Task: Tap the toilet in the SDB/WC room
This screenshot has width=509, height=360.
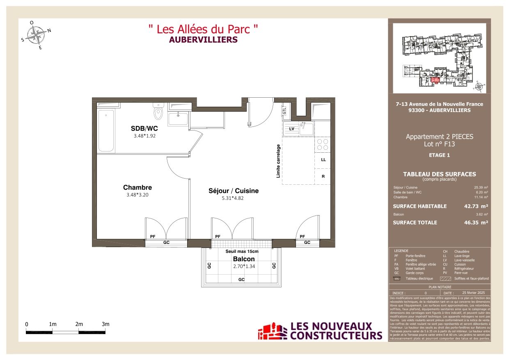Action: [x=158, y=111]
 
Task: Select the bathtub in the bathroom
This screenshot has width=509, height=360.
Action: [x=106, y=131]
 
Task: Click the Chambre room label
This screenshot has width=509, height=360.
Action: [x=137, y=188]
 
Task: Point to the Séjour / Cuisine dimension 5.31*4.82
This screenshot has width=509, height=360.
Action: [x=233, y=198]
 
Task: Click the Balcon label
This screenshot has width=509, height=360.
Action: [x=244, y=259]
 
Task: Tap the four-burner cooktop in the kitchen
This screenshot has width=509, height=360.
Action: [x=323, y=144]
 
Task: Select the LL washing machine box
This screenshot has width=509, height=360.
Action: [x=323, y=160]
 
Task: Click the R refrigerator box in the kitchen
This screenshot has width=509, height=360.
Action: [x=323, y=177]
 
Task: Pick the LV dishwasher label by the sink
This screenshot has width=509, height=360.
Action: [x=291, y=129]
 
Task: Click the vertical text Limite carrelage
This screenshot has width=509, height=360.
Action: [x=278, y=161]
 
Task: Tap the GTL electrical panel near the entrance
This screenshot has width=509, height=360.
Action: [x=284, y=110]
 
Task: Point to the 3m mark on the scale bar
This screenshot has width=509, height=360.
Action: [x=105, y=324]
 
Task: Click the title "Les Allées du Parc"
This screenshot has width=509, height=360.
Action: [x=203, y=29]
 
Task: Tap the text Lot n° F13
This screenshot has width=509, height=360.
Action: [x=439, y=144]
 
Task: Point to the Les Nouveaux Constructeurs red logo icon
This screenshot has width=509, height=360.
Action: [x=272, y=331]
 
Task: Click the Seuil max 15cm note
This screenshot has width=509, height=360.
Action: [x=242, y=251]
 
